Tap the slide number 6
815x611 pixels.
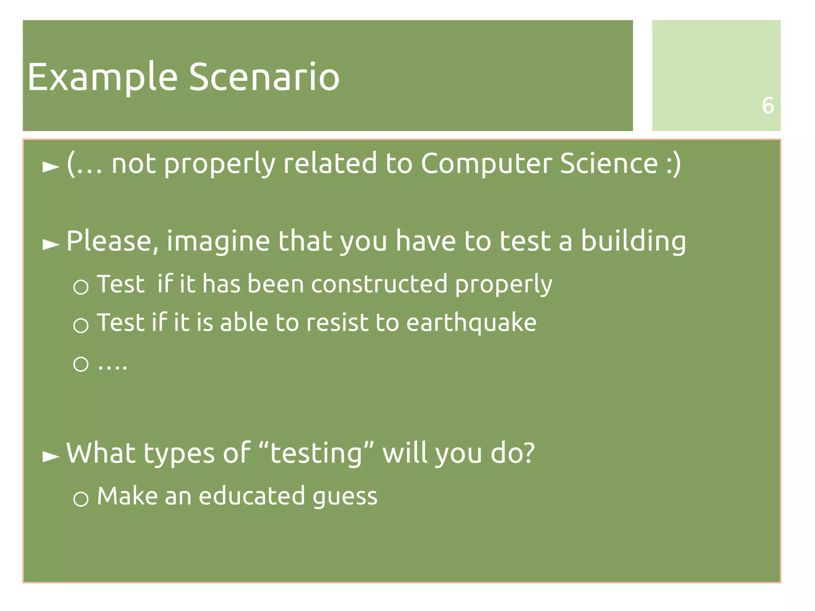(x=768, y=106)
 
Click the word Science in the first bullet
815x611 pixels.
(x=609, y=164)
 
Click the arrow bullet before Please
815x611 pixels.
(x=51, y=244)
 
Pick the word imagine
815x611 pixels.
(x=218, y=242)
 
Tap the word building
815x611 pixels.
(x=634, y=241)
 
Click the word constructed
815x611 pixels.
(x=379, y=284)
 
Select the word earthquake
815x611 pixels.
(x=471, y=323)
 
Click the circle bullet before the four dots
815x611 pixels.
(x=81, y=364)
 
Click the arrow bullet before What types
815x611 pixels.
(x=51, y=456)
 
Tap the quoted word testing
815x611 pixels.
(x=316, y=454)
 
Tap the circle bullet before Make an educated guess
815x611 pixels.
(x=81, y=498)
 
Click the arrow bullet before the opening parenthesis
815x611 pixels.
(x=51, y=166)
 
